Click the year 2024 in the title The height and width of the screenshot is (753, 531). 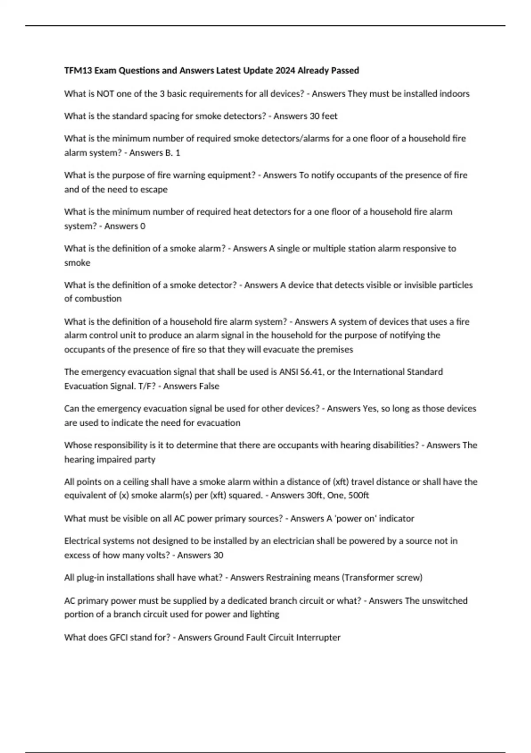tap(285, 70)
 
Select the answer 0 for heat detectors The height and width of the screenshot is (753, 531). tap(142, 226)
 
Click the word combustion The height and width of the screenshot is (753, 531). tap(93, 299)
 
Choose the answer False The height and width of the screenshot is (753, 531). tap(209, 386)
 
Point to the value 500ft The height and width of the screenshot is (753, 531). tap(358, 495)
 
